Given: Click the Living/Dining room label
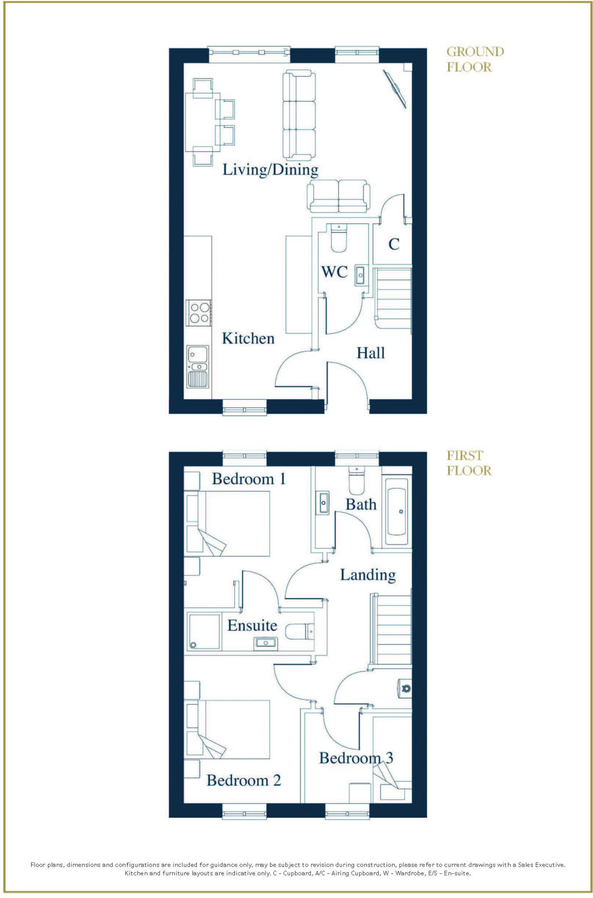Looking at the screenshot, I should pos(270,170).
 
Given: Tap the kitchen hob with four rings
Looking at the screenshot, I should pos(199,313).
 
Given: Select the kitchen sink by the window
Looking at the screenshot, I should pos(198,367).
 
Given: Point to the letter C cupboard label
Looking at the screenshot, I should pos(394,244).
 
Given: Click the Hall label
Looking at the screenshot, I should pos(370,353).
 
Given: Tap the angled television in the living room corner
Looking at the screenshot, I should pos(396,89).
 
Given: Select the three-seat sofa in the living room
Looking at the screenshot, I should pos(299,115).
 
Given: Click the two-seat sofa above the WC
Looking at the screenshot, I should pos(338,196).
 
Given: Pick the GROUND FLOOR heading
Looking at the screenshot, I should pos(475,59).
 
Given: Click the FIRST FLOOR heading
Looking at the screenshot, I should pos(469,463).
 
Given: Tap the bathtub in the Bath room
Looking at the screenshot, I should pos(397,507).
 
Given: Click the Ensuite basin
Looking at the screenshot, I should pos(265,643).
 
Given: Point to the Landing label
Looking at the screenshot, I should pos(368,575).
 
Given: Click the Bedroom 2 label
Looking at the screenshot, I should pos(244,780).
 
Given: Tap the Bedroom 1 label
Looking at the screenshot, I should pos(249,479).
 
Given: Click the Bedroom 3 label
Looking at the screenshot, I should pos(356,758).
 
